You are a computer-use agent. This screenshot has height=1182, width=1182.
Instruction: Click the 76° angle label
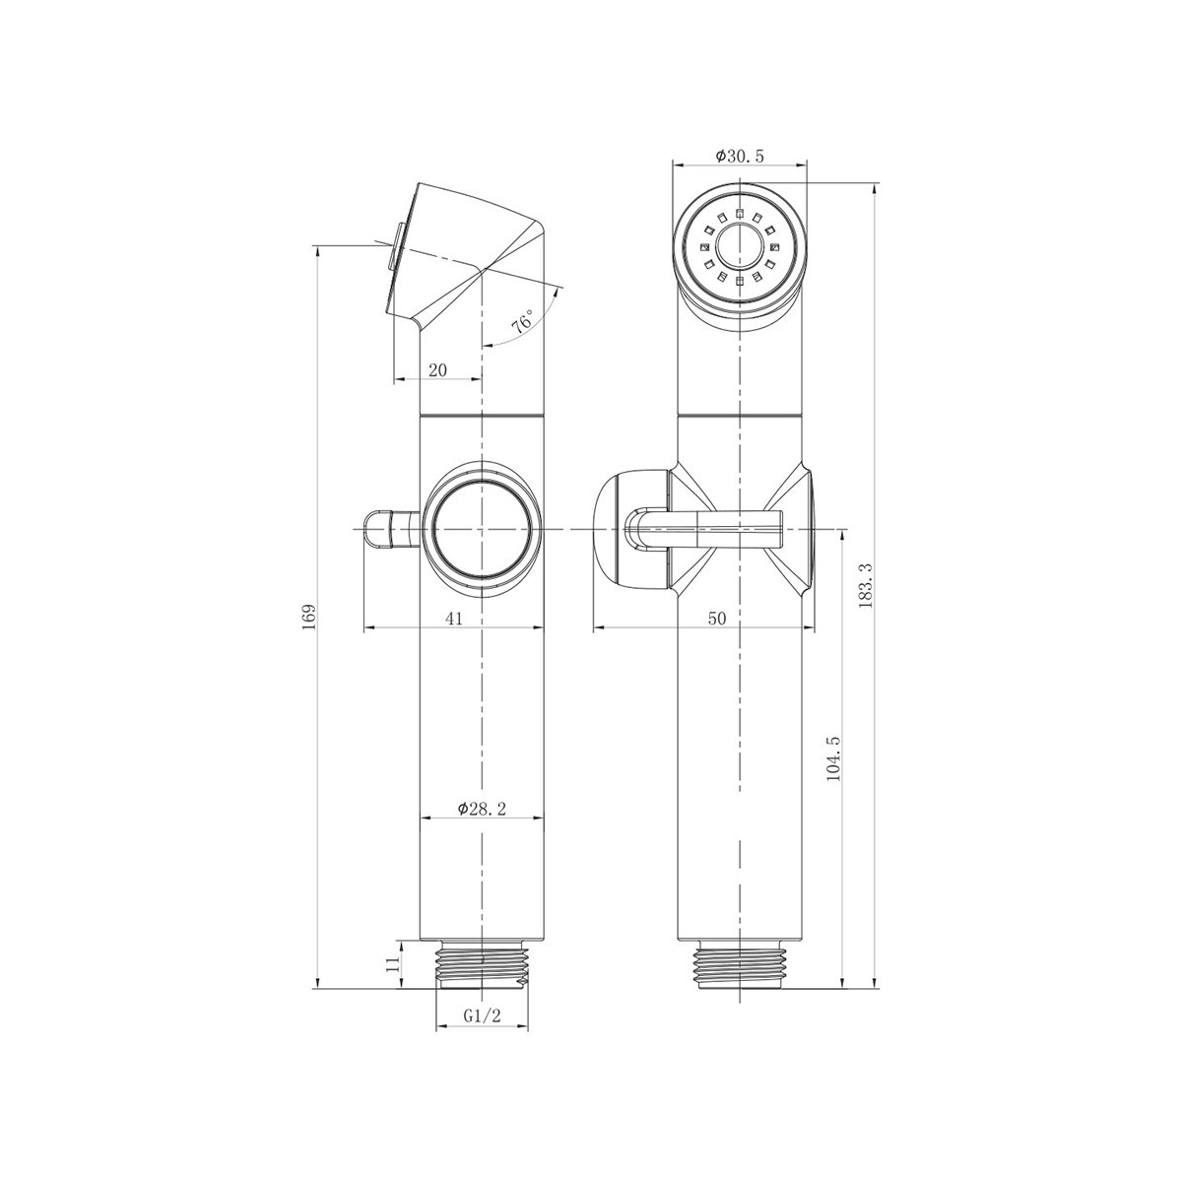click(x=523, y=321)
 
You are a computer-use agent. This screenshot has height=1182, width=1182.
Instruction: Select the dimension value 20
click(x=437, y=370)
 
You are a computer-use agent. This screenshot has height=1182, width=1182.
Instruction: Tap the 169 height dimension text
click(x=308, y=617)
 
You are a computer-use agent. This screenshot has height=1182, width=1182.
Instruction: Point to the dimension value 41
click(x=453, y=619)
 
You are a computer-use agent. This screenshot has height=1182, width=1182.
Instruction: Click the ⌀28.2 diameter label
click(x=482, y=809)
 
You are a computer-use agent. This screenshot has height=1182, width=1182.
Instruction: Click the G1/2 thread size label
click(x=482, y=1016)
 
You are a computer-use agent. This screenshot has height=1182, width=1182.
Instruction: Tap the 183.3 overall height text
click(x=866, y=585)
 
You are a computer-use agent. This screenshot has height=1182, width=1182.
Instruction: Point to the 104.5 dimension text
click(x=833, y=758)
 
